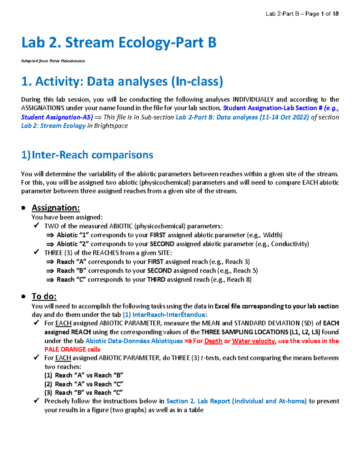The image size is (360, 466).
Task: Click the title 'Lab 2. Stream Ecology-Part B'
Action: click(119, 42)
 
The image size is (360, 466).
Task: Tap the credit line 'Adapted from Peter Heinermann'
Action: click(53, 61)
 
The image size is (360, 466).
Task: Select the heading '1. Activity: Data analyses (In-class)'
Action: click(122, 82)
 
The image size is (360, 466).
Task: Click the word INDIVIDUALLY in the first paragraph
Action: click(253, 99)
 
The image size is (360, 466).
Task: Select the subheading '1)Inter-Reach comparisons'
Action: click(87, 155)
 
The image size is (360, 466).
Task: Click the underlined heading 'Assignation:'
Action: click(56, 208)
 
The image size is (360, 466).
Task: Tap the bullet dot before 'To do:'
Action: click(23, 296)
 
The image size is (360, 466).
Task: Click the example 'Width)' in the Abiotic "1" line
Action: click(273, 235)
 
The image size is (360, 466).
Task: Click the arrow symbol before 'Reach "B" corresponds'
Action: click(50, 271)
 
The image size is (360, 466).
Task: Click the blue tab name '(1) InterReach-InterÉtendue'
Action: click(164, 315)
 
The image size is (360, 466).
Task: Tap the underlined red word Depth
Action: click(213, 341)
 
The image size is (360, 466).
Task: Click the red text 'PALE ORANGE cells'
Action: click(72, 350)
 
